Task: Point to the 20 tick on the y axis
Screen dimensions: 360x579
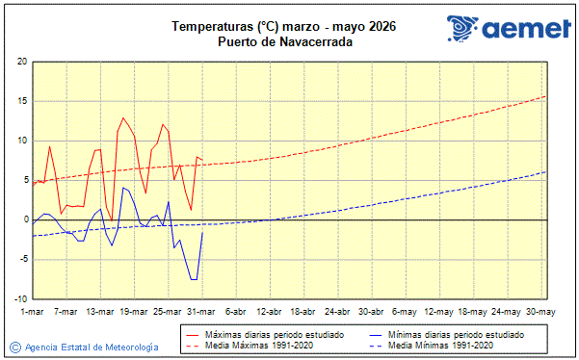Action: click(x=22, y=62)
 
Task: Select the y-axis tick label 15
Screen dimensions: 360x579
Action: click(x=22, y=101)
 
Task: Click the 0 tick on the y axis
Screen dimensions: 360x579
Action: click(x=25, y=219)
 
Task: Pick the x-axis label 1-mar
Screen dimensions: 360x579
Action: click(x=33, y=312)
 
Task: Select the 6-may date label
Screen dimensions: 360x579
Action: click(x=406, y=312)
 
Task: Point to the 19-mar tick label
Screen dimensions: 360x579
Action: click(x=134, y=312)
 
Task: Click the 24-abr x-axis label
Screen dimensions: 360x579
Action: click(x=338, y=312)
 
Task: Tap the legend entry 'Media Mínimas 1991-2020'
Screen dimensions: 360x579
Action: click(x=444, y=345)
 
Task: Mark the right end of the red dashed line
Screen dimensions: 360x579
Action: click(x=545, y=95)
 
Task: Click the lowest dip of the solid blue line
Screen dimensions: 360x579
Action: click(x=194, y=279)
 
